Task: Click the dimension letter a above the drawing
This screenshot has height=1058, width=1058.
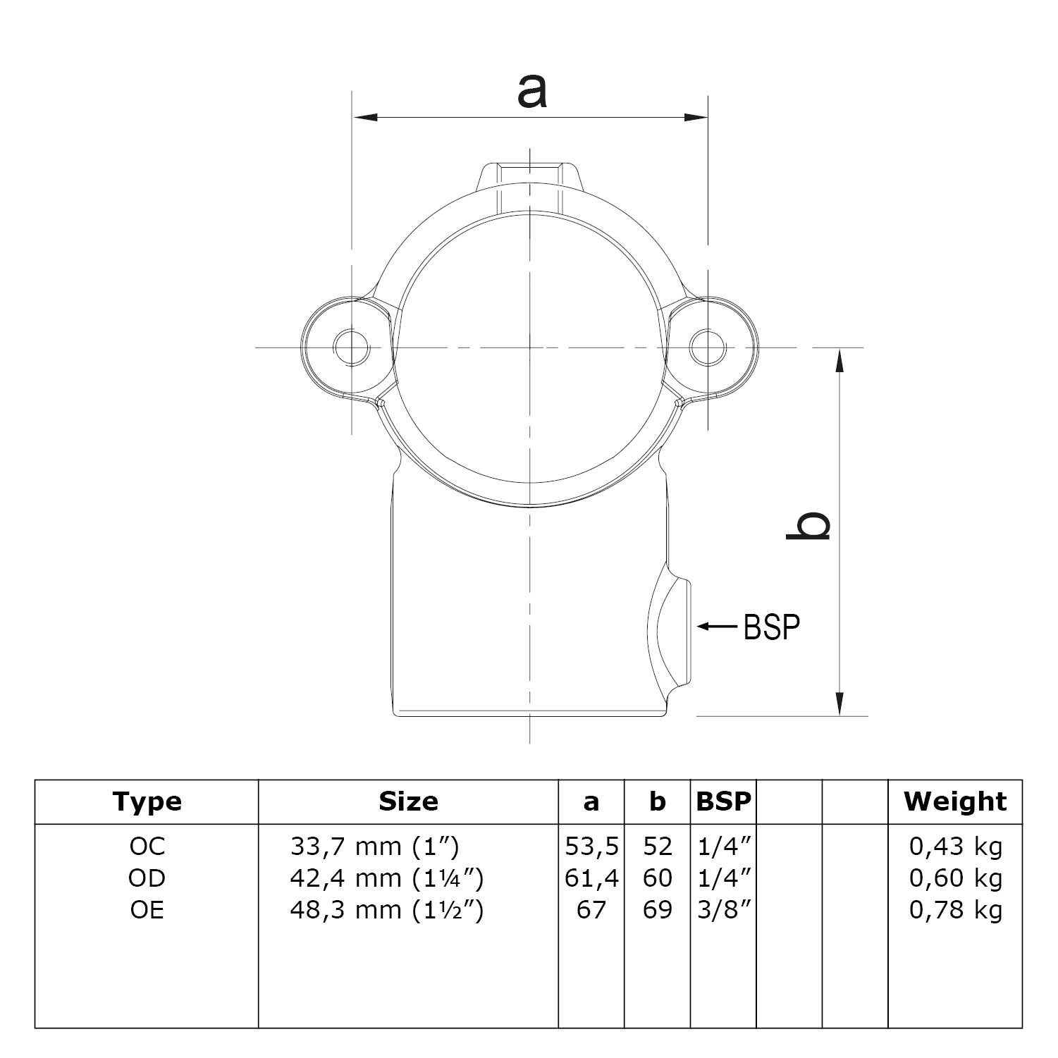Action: [531, 92]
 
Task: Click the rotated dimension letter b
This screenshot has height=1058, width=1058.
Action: [808, 526]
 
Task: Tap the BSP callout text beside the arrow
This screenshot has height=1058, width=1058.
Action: [772, 626]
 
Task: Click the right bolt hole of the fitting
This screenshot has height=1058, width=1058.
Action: [707, 347]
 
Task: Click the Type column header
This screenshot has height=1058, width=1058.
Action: [147, 801]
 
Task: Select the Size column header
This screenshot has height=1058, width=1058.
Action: [408, 801]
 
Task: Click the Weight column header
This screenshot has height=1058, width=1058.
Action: [955, 801]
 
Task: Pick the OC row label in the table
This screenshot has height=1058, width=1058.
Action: [147, 846]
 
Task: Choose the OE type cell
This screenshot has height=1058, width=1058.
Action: [147, 910]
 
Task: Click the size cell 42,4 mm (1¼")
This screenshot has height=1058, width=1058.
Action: [386, 878]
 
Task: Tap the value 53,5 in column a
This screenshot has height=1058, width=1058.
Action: [591, 846]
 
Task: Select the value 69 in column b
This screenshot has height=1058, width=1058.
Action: [657, 910]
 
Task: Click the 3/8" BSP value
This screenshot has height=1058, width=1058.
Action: [723, 910]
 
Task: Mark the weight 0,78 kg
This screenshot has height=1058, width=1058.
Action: [956, 910]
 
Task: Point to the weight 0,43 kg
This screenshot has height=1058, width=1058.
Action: [956, 846]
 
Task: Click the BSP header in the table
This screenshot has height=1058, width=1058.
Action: [723, 801]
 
